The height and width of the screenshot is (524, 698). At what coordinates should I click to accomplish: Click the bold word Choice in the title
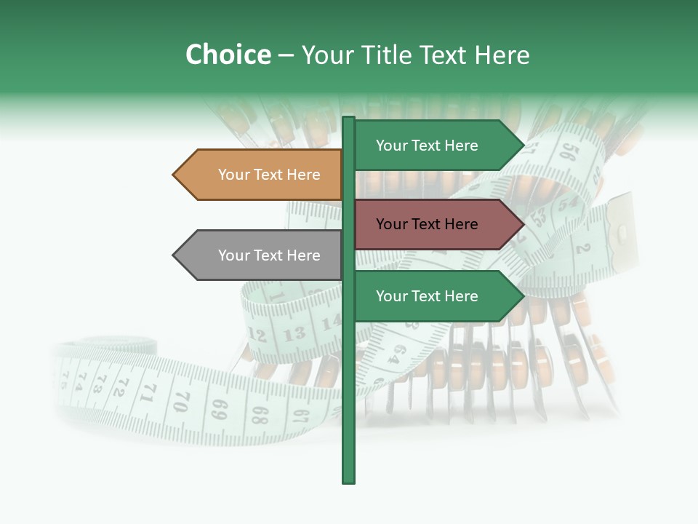(228, 55)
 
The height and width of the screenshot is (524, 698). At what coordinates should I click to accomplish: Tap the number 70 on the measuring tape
(182, 400)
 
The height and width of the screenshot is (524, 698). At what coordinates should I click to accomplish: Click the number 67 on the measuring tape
(301, 417)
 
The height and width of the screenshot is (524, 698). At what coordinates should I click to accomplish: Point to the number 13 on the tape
(294, 335)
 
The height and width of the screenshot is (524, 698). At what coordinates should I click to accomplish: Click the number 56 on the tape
(569, 152)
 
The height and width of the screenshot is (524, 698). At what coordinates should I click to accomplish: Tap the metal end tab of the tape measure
(619, 231)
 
